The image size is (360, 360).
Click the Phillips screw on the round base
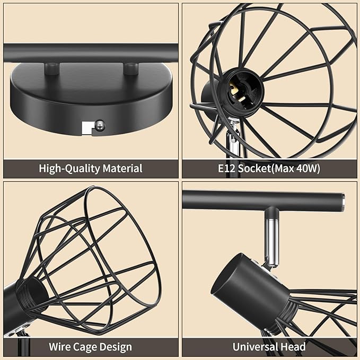[x=100, y=126]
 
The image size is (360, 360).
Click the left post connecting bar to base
[x=52, y=68]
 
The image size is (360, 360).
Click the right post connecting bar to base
[x=131, y=68]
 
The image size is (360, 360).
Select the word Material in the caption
[x=122, y=168]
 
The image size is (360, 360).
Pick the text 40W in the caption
[x=307, y=169]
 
